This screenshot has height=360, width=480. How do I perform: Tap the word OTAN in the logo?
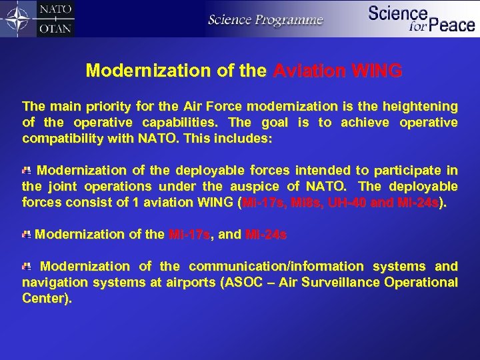click(x=55, y=28)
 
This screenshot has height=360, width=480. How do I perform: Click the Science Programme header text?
click(x=265, y=19)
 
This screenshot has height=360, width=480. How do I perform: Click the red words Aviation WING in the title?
click(x=338, y=71)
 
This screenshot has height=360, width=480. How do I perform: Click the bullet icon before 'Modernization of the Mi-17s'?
click(x=26, y=234)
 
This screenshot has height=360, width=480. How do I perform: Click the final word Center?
click(x=45, y=299)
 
